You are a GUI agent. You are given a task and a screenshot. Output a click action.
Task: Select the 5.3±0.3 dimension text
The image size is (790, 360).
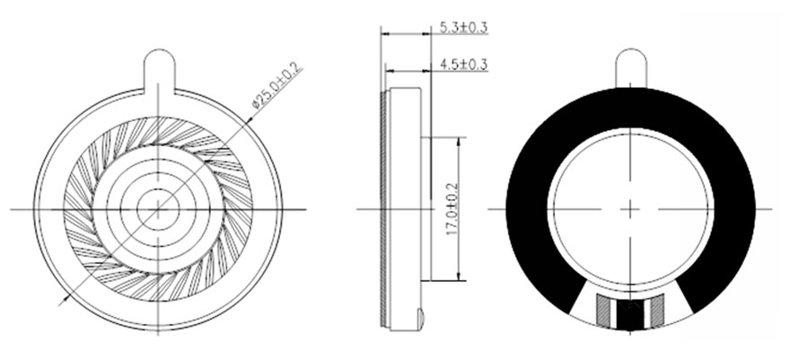463,27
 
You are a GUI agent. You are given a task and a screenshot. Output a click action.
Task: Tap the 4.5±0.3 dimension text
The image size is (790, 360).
463,65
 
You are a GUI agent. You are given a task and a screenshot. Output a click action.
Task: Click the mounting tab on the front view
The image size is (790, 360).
159,71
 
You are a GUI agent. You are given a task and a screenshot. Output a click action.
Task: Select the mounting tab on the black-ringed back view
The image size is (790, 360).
631,68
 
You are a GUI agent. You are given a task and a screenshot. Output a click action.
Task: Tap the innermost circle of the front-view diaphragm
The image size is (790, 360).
158,208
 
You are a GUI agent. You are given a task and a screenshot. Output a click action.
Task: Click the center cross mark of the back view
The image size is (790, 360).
630,209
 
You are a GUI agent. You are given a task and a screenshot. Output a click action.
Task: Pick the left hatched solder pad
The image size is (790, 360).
603,309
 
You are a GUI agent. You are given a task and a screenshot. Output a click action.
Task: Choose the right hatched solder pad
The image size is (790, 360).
657,309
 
